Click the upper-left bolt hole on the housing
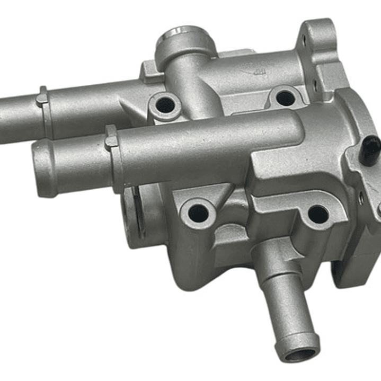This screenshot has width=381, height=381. click(x=165, y=103)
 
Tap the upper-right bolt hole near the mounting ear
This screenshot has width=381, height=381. click(x=286, y=98)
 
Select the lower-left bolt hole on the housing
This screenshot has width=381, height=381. click(x=198, y=212)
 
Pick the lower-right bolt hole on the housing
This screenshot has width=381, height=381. click(x=318, y=214)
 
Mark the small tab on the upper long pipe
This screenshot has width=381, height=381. click(x=42, y=98)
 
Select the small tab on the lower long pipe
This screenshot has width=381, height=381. click(x=111, y=139)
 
